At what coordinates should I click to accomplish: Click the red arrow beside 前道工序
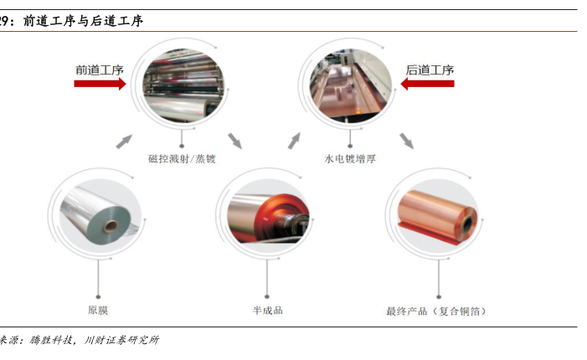tap(100, 84)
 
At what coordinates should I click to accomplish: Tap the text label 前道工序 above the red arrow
tap(100, 70)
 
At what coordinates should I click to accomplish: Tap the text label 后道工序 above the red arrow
tap(430, 70)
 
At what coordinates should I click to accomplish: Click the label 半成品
tap(267, 311)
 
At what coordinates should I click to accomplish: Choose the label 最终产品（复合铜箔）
tap(435, 311)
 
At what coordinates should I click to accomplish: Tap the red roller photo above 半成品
tap(267, 213)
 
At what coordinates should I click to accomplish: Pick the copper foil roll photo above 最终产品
tap(435, 213)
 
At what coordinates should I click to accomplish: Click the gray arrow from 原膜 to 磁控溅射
tap(123, 141)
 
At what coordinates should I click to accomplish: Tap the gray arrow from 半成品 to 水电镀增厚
tap(295, 140)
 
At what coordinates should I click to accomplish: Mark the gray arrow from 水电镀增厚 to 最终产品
tap(406, 140)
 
